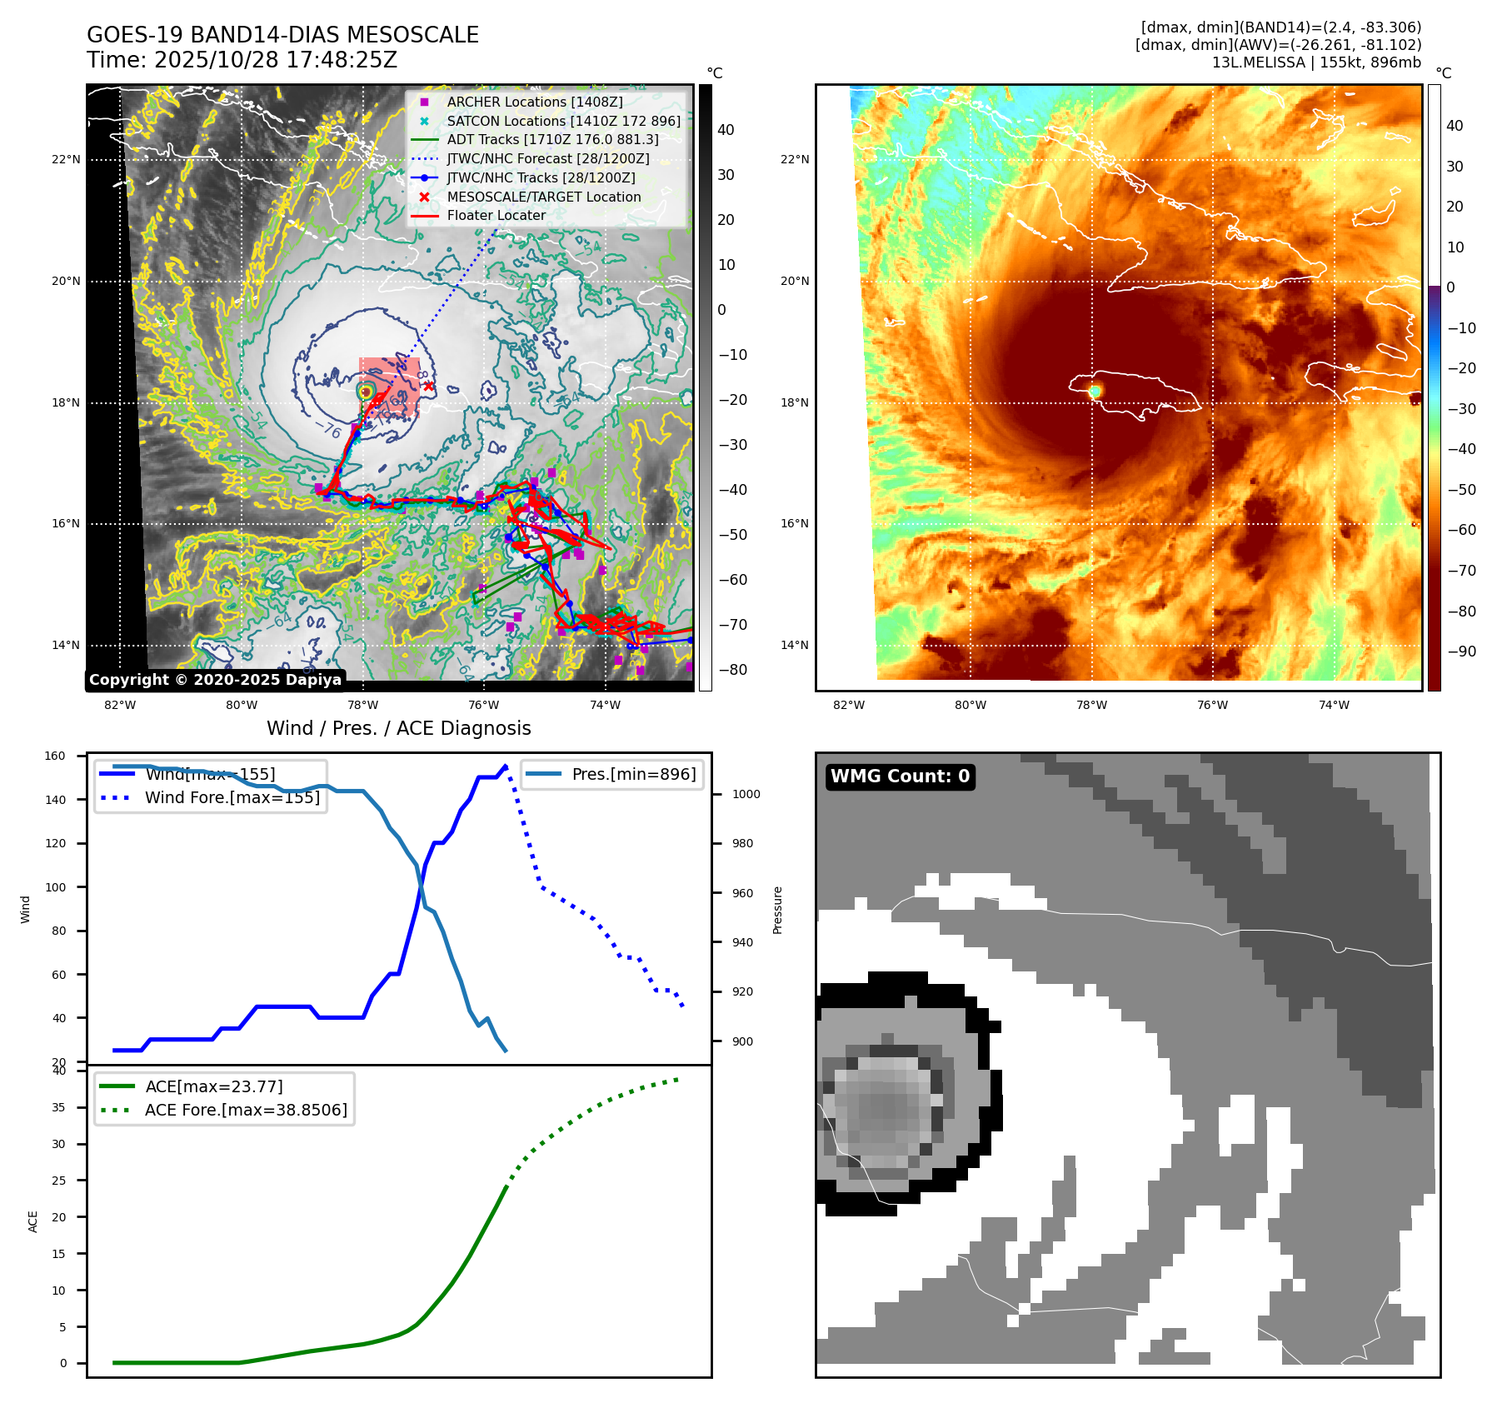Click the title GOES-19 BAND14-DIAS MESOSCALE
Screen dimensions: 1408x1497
(282, 35)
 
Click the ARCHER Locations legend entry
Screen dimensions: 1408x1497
(534, 102)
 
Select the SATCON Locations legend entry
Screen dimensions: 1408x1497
(563, 121)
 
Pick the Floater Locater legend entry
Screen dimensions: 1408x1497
(496, 215)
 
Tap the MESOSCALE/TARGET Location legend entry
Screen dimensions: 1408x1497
(543, 197)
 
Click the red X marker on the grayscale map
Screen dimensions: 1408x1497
(428, 386)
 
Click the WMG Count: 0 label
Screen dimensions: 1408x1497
(900, 776)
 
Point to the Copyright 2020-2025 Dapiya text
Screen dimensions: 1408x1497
(215, 680)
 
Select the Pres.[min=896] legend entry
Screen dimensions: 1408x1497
(633, 774)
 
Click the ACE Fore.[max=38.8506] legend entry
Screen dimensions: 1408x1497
(246, 1110)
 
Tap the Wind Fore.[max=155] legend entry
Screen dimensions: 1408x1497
(232, 797)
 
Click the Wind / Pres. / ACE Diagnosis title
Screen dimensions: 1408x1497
(398, 728)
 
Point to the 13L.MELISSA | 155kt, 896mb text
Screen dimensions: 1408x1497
(1316, 62)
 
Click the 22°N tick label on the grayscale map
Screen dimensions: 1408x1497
(66, 159)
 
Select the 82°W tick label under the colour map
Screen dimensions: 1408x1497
(849, 705)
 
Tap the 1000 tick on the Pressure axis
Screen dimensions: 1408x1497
(746, 794)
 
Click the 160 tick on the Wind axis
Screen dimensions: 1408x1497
(55, 756)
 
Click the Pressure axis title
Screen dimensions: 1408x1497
(777, 910)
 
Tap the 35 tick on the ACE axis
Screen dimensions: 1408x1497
(58, 1107)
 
